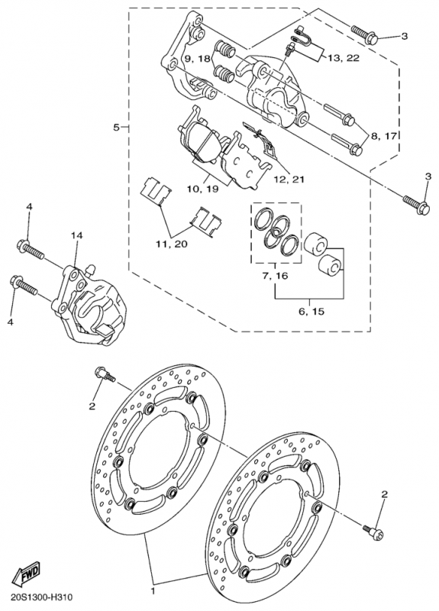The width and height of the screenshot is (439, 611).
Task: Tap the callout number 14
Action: coord(77,236)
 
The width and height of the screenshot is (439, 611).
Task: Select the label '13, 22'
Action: coord(343,58)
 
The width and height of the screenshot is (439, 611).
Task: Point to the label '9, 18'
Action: coord(197,59)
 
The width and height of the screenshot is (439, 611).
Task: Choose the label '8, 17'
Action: coord(383,136)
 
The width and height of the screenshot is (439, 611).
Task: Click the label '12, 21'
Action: coord(289,179)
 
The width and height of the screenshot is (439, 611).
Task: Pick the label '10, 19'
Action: coord(203,189)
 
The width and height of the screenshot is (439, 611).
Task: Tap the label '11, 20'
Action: coord(172,244)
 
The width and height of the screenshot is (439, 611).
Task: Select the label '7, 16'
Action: coord(275,276)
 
